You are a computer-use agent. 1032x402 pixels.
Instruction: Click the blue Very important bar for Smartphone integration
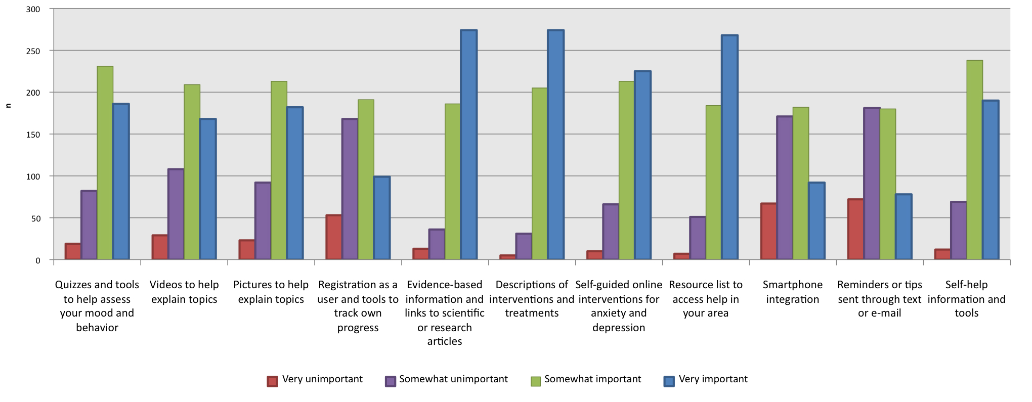click(816, 221)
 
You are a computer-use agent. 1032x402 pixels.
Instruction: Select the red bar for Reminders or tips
click(855, 230)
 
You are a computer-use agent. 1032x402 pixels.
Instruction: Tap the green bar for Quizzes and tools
click(105, 163)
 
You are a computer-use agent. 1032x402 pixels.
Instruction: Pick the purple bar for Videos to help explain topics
click(176, 214)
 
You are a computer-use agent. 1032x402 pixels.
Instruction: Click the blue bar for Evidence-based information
click(468, 145)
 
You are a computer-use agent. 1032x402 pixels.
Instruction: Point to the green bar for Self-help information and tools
click(974, 160)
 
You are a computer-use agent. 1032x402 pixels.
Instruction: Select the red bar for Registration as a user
click(334, 237)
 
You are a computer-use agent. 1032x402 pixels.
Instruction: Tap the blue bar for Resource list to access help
click(729, 148)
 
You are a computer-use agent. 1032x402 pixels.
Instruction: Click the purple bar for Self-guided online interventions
click(611, 232)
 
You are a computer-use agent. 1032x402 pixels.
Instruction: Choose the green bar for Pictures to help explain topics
click(279, 170)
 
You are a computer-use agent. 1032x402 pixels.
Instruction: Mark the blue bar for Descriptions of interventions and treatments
click(555, 145)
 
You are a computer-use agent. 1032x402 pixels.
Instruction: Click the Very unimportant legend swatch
click(272, 381)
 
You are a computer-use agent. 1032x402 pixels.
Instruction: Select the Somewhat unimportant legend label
click(453, 379)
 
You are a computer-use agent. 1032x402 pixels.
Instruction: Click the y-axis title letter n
click(8, 106)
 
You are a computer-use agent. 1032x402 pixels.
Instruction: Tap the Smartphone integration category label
click(792, 292)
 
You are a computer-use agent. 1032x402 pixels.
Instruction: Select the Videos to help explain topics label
click(184, 292)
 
